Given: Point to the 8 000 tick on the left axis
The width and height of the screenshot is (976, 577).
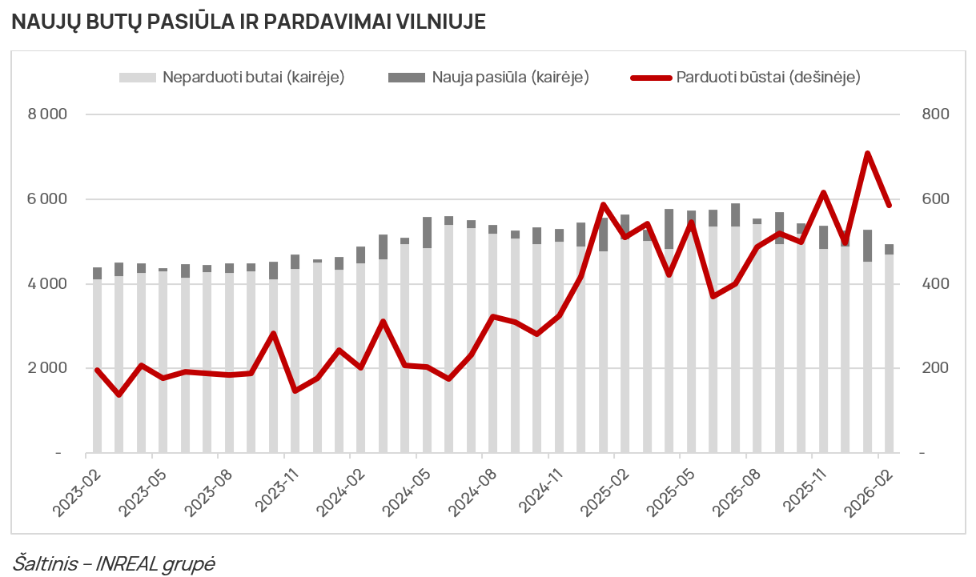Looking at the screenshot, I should [47, 114].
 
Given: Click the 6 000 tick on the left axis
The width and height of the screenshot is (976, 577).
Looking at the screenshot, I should [47, 199].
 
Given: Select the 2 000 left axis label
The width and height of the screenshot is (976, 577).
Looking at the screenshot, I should [47, 368].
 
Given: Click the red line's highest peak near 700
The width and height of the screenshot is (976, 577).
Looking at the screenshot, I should [867, 154].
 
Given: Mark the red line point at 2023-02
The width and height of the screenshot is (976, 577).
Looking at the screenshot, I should [97, 370].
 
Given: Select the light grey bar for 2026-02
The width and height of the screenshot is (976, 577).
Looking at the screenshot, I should [889, 360].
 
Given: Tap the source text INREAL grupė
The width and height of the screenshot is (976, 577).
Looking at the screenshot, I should [155, 563].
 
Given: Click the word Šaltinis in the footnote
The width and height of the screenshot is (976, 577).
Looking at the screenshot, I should [45, 563].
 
